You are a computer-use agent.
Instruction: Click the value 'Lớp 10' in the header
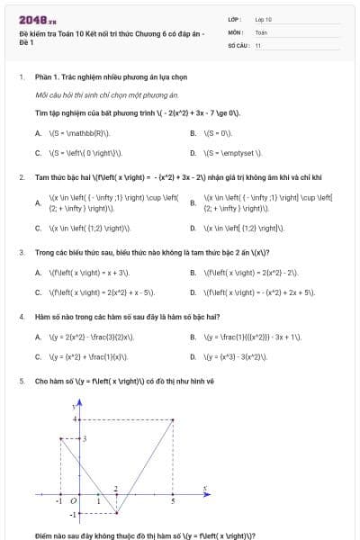pos(264,19)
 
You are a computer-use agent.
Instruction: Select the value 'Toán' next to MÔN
pos(261,31)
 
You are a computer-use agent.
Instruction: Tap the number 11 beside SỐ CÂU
pos(258,44)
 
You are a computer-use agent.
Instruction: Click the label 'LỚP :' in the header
pos(235,19)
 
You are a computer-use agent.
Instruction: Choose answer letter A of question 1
pos(38,133)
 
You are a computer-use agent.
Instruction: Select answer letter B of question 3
pos(193,272)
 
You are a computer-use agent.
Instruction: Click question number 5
pos(21,382)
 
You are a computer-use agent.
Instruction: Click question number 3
pos(21,252)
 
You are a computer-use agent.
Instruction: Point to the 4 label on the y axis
pos(77,419)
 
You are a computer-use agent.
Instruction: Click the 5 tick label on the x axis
pos(173,499)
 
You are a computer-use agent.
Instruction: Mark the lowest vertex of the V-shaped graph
pos(117,513)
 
